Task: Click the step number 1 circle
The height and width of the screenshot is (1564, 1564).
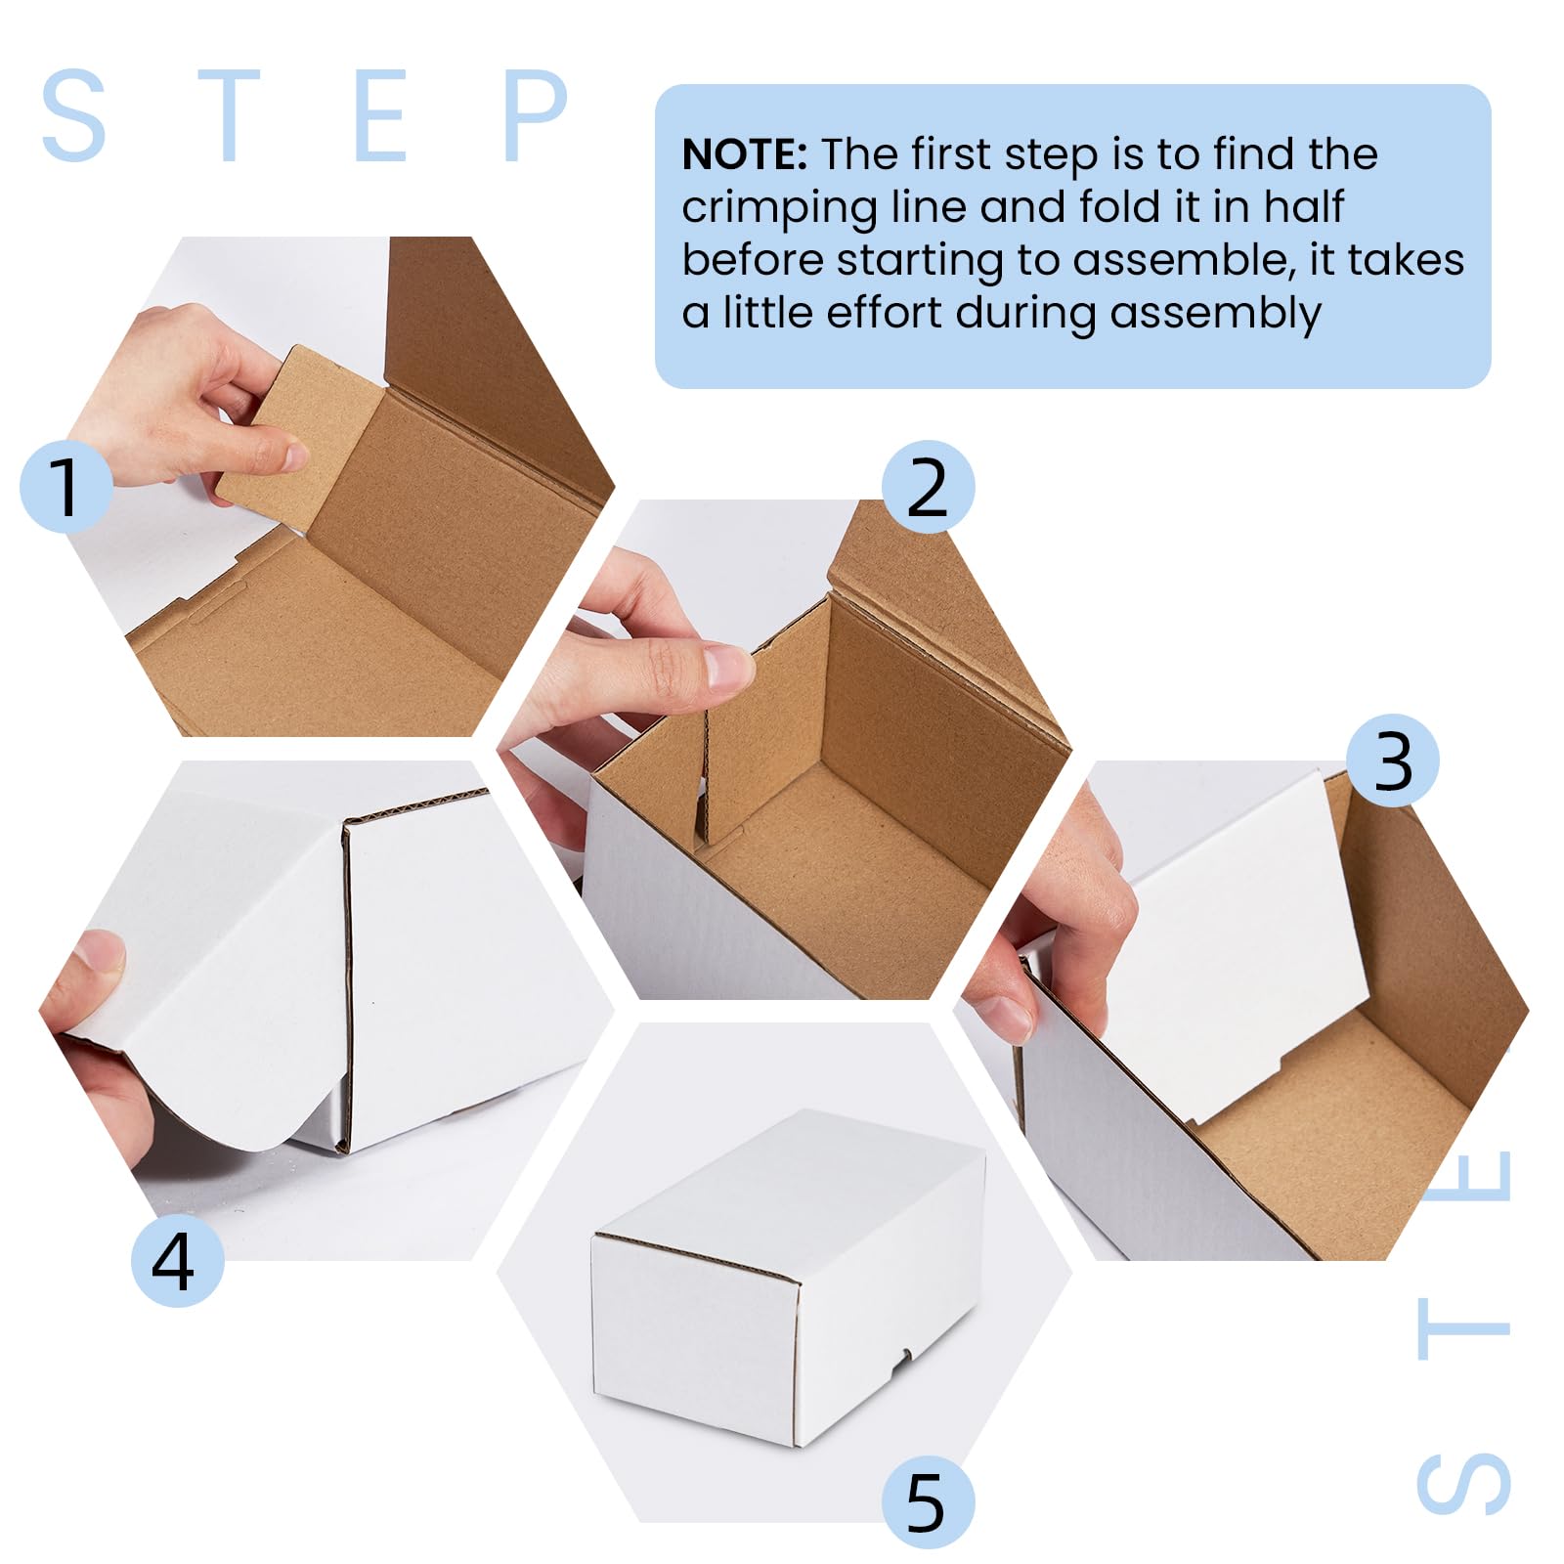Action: pyautogui.click(x=65, y=486)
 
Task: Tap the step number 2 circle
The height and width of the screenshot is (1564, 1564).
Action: pyautogui.click(x=928, y=486)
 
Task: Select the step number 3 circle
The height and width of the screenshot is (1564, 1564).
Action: pyautogui.click(x=1392, y=760)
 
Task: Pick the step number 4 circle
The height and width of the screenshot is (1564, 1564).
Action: pyautogui.click(x=177, y=1261)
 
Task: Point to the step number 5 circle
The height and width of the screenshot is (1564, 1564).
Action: pyautogui.click(x=928, y=1502)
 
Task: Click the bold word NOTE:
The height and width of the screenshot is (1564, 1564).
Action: pyautogui.click(x=744, y=154)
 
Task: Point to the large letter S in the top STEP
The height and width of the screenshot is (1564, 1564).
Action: pyautogui.click(x=73, y=114)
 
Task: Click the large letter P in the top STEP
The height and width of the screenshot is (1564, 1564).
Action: pyautogui.click(x=535, y=114)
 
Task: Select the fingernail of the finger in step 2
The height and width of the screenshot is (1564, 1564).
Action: pyautogui.click(x=728, y=667)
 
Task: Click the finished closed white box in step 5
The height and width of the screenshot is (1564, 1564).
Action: pyautogui.click(x=788, y=1279)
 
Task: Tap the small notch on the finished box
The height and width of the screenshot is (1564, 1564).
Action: pyautogui.click(x=908, y=1354)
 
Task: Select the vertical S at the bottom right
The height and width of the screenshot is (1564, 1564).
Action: pyautogui.click(x=1463, y=1484)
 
